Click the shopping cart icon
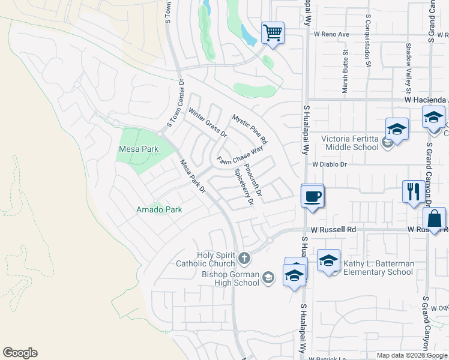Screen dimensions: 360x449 [273, 32]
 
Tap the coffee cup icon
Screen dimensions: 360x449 [312, 196]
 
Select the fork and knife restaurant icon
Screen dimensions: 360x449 [412, 192]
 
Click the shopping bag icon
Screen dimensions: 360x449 [436, 218]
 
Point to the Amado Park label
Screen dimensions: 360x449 [159, 209]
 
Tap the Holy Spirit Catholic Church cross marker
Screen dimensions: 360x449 [244, 259]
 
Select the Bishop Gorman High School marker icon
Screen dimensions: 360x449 [268, 277]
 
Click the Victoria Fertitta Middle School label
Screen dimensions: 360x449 [350, 143]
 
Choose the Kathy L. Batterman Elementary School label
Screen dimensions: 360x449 [378, 268]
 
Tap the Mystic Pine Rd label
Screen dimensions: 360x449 [250, 128]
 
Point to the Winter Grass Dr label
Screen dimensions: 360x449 [207, 122]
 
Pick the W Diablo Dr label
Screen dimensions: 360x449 [329, 164]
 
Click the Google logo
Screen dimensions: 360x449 [20, 353]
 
